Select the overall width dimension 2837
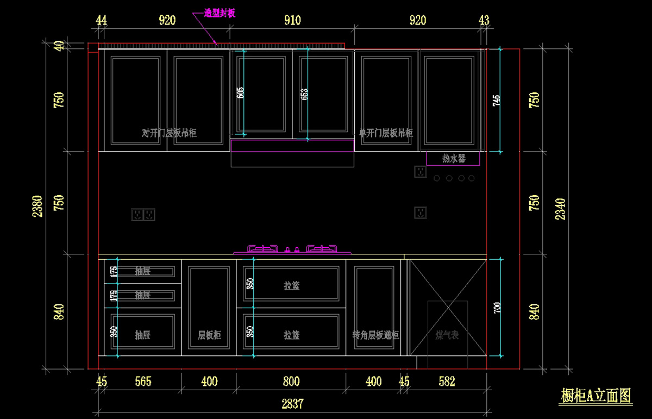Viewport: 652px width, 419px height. [292, 403]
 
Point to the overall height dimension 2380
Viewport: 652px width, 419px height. [37, 206]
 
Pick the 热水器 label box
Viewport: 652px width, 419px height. [453, 158]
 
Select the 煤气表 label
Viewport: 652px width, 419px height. [447, 335]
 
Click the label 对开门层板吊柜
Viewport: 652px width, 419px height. [168, 133]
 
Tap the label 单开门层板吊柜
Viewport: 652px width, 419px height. [386, 133]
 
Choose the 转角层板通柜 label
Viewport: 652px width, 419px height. [375, 335]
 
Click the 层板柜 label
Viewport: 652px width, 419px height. [209, 335]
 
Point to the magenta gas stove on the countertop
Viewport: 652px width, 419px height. [292, 249]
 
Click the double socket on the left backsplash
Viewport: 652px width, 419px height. [143, 215]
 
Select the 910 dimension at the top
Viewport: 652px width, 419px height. [292, 21]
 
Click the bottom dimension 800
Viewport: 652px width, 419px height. [291, 382]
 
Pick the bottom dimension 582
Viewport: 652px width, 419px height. [447, 382]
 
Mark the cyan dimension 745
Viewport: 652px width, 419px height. [496, 100]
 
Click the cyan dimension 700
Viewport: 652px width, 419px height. [496, 308]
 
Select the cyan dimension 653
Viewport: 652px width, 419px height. [304, 93]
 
